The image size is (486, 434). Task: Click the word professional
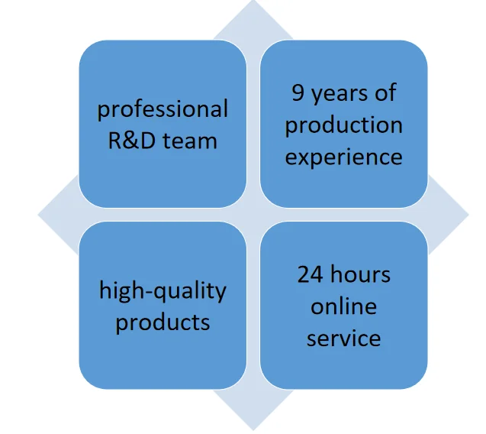tap(163, 109)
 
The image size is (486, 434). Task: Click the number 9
tap(298, 93)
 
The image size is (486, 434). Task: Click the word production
tap(343, 125)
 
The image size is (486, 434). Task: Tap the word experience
tap(343, 157)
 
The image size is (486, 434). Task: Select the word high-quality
tap(163, 291)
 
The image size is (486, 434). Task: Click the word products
tap(163, 322)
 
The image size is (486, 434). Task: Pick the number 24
tap(310, 274)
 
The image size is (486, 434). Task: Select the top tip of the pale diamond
tap(253, 2)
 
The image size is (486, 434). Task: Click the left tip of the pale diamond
tap(40, 215)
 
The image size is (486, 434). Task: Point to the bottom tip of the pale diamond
tap(253, 428)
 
